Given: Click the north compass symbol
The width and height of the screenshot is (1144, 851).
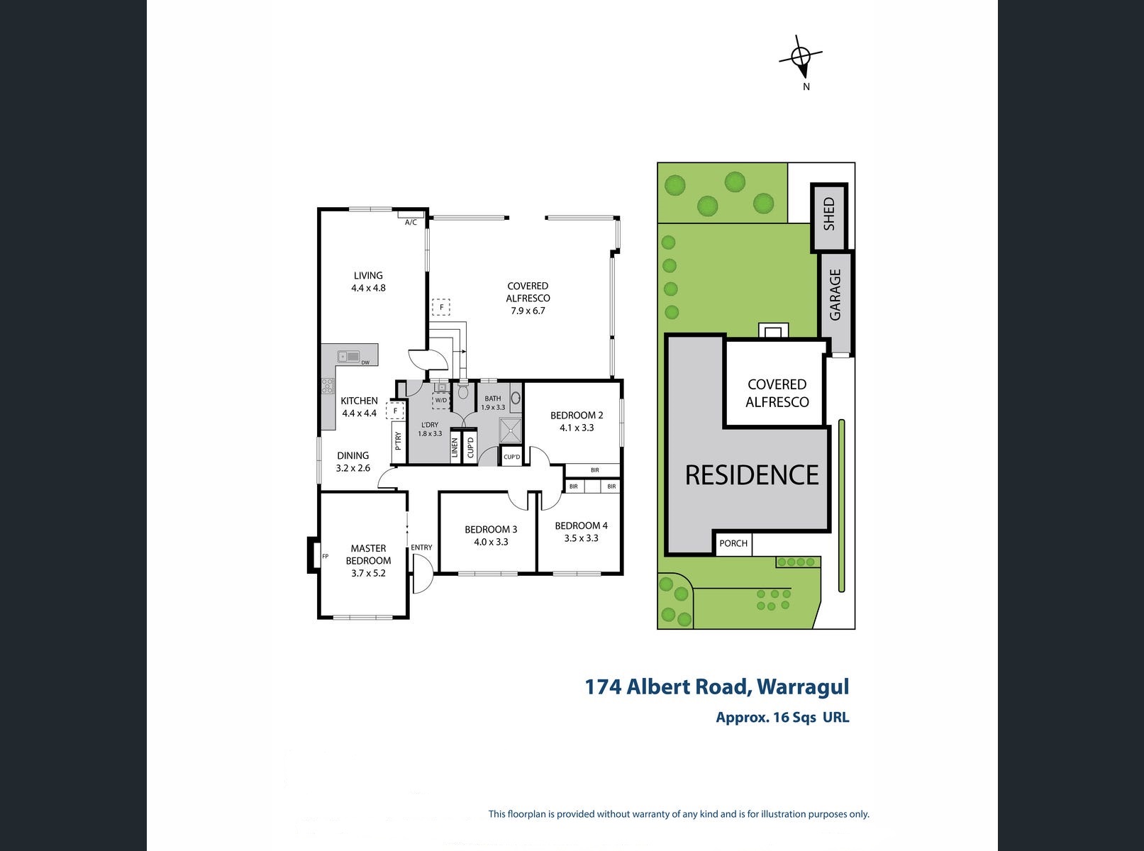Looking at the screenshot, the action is click(800, 57).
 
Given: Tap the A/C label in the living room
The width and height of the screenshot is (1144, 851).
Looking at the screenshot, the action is click(411, 222).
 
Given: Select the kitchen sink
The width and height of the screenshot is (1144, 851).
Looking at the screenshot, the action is click(348, 356).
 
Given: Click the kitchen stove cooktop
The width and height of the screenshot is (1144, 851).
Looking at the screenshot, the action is click(328, 386).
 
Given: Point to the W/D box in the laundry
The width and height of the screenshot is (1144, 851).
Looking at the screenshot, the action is click(441, 400).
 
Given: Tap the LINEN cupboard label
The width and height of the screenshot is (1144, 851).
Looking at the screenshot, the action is click(455, 447).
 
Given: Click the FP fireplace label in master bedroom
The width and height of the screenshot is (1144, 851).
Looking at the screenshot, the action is click(325, 556).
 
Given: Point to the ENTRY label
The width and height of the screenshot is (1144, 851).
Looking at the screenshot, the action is click(421, 547).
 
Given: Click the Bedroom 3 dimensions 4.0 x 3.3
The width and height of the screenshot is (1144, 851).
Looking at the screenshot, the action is click(491, 542).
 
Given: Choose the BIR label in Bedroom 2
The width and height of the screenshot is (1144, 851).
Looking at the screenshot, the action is click(594, 470).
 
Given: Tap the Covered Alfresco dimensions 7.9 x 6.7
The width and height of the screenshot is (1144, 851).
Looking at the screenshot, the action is click(528, 311).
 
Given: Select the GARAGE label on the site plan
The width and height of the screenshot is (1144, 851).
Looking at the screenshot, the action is click(835, 294).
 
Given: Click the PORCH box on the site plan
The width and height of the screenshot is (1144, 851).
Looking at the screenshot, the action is click(733, 544).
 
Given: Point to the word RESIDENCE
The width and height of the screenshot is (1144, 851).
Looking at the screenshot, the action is click(752, 475).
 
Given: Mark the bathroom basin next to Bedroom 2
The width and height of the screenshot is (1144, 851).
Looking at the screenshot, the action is click(516, 398).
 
